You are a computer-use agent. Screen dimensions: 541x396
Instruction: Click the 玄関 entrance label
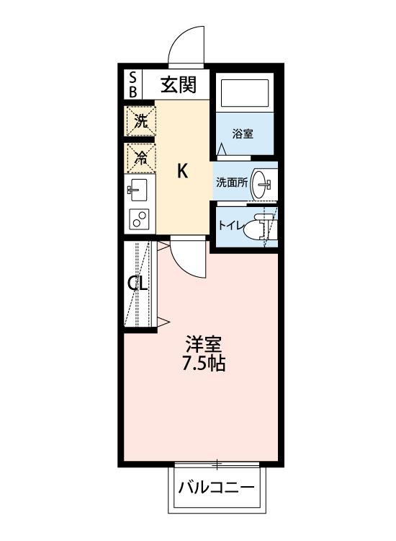click(x=178, y=85)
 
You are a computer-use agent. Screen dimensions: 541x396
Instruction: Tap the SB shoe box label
click(x=133, y=84)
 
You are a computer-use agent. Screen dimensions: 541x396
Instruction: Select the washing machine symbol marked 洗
click(x=140, y=121)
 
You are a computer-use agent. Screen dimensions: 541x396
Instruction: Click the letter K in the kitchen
click(x=183, y=171)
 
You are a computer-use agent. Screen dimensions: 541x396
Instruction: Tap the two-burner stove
click(x=138, y=219)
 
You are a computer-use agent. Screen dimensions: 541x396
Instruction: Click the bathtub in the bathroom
click(x=245, y=94)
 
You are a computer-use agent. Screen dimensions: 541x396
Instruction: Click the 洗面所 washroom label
click(x=232, y=182)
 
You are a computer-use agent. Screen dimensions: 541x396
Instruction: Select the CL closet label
click(x=138, y=283)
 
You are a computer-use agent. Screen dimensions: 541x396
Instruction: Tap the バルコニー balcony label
click(x=217, y=488)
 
